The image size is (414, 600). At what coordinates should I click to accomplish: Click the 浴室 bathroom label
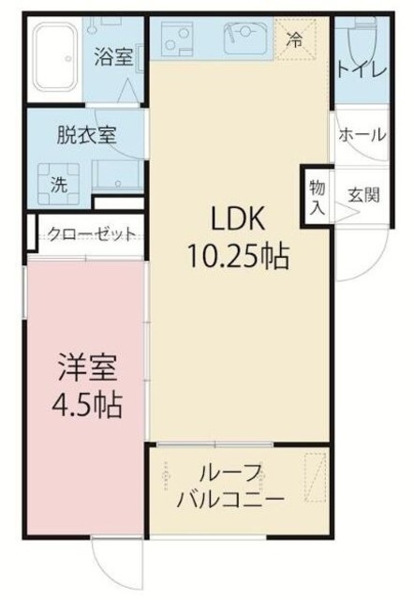pyautogui.click(x=112, y=56)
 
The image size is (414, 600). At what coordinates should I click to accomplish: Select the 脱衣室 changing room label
pyautogui.click(x=87, y=134)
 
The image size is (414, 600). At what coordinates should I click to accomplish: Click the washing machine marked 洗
pyautogui.click(x=58, y=184)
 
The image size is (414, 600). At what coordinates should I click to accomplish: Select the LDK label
pyautogui.click(x=240, y=219)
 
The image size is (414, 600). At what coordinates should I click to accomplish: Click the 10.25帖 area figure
pyautogui.click(x=241, y=255)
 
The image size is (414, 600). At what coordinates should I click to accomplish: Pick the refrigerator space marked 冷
pyautogui.click(x=294, y=40)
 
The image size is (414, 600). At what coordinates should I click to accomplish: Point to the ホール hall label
pyautogui.click(x=362, y=135)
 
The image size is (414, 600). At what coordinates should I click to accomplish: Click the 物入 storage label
pyautogui.click(x=317, y=196)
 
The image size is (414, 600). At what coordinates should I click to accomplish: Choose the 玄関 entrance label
pyautogui.click(x=363, y=196)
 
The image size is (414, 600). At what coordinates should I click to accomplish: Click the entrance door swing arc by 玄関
pyautogui.click(x=371, y=248)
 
